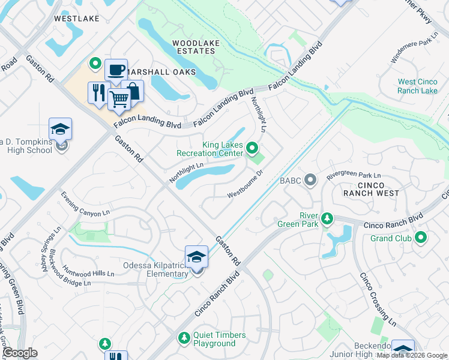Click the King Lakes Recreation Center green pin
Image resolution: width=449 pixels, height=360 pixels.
click(x=253, y=148)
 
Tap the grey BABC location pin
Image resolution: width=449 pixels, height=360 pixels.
click(x=310, y=179)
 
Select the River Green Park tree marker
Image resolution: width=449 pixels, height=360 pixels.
click(x=327, y=218)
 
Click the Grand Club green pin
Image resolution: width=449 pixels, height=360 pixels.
click(x=421, y=238)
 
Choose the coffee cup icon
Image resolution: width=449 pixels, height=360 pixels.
click(x=115, y=70)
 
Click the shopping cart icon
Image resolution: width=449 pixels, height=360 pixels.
click(x=119, y=98)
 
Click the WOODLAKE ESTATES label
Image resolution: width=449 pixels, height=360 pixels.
click(x=193, y=47)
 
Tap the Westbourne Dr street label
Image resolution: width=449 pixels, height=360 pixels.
click(x=245, y=184)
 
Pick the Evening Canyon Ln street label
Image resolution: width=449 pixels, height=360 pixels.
click(x=86, y=204)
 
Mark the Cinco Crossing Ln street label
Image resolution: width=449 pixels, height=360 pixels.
click(x=379, y=299)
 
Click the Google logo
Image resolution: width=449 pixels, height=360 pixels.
click(x=20, y=353)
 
